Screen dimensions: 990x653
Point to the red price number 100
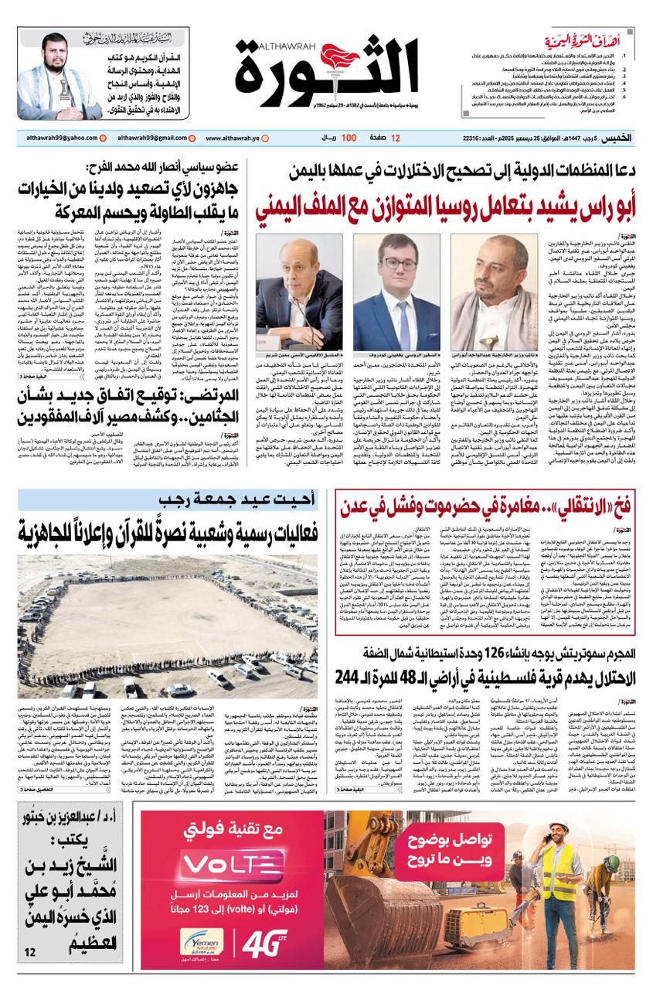pos(349,138)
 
